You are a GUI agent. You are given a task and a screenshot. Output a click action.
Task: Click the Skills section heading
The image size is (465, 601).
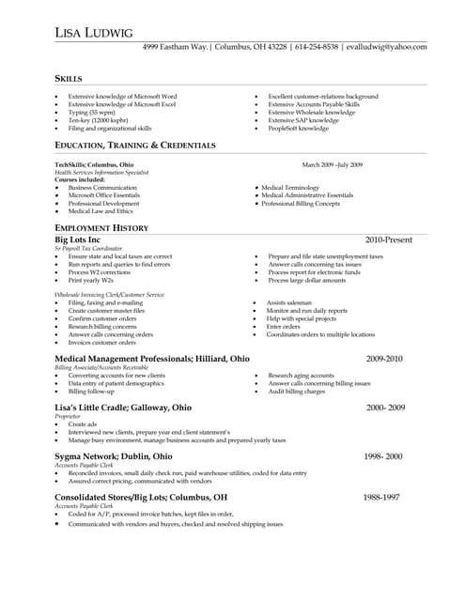69,79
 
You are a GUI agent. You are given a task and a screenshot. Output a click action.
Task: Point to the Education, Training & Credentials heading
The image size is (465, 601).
135,146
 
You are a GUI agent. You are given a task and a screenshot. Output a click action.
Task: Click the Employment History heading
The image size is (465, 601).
101,228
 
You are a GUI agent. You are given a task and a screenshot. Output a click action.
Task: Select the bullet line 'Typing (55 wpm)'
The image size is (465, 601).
90,112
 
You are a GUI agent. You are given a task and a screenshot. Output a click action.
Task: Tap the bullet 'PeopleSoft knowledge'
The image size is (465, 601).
298,128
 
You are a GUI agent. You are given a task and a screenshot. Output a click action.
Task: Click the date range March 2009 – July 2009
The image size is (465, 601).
333,164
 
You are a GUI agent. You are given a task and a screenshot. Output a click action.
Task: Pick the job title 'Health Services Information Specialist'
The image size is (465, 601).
101,172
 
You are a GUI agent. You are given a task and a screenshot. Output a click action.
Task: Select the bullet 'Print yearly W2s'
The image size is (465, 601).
90,281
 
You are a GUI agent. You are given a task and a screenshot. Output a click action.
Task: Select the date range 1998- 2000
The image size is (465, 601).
382,455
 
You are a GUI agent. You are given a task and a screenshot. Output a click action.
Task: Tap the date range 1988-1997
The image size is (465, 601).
382,497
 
